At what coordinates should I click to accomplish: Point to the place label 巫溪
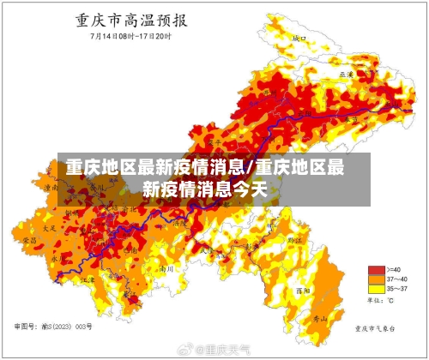point(346,75)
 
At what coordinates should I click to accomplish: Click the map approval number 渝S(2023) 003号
point(53,327)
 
